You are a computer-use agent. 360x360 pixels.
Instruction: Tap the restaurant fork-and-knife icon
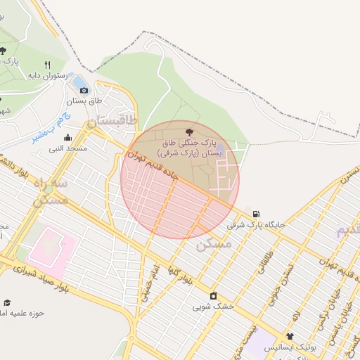click(47, 63)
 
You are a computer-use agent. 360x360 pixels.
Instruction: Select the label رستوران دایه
click(48, 75)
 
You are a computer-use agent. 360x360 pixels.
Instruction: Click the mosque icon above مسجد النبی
click(67, 138)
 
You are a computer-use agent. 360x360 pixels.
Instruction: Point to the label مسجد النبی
click(67, 149)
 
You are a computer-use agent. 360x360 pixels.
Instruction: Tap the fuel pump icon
click(255, 214)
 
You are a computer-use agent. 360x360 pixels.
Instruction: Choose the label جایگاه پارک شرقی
click(256, 226)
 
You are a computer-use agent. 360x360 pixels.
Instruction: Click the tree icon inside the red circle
click(188, 131)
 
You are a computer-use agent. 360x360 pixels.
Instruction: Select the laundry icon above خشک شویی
click(213, 295)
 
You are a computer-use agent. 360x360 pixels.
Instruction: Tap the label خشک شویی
click(212, 307)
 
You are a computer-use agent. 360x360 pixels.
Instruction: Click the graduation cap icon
click(7, 302)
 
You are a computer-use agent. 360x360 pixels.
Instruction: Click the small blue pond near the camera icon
click(77, 81)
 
